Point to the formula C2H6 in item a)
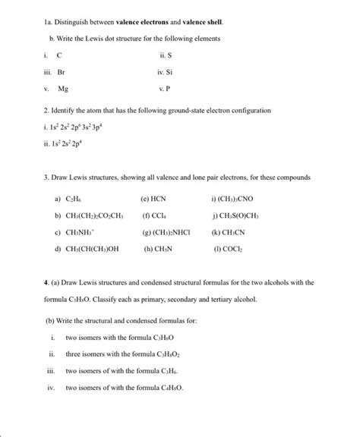coord(76,199)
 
